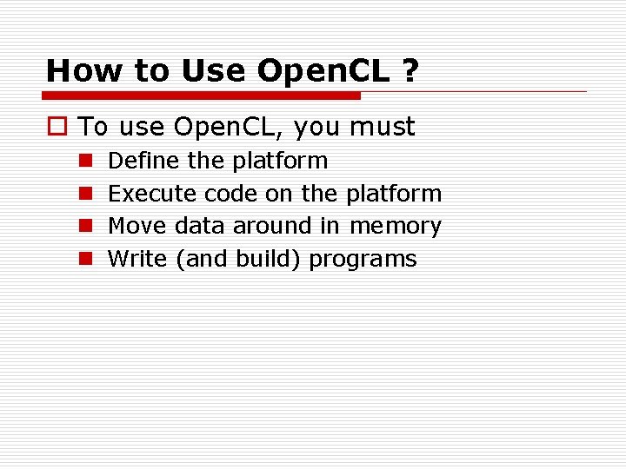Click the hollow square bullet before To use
(x=57, y=128)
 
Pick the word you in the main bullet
(x=316, y=128)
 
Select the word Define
(x=140, y=161)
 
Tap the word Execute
(x=152, y=193)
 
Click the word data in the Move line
(x=200, y=226)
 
